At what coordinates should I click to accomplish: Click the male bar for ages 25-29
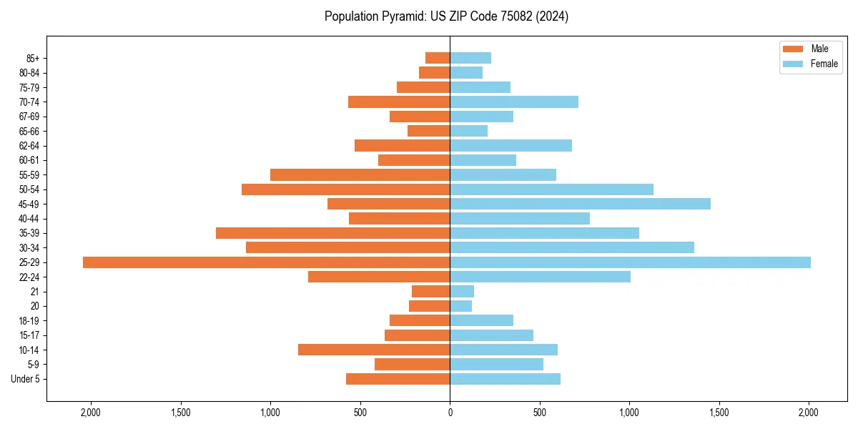pos(266,262)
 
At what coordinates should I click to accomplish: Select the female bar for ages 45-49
pos(580,204)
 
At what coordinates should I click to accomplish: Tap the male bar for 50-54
pos(345,189)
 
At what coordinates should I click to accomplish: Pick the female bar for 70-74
pos(514,102)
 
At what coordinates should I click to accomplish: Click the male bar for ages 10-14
pos(374,350)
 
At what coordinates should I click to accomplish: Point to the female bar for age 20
pos(460,306)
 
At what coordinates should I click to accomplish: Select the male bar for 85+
pos(438,58)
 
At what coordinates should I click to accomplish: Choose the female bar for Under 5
pos(505,379)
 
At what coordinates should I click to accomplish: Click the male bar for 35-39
pos(332,233)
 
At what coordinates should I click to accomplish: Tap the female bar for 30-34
pos(572,247)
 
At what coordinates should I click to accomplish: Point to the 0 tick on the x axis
pos(450,413)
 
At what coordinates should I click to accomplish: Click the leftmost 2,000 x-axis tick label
pos(91,413)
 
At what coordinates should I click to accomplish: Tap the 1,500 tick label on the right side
pos(719,413)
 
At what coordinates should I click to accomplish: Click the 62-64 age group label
pos(29,146)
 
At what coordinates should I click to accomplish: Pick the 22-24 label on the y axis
pos(29,277)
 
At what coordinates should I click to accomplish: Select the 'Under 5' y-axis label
pos(26,379)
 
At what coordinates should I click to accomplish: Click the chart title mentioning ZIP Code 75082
pos(446,16)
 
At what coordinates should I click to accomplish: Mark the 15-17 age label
pos(29,335)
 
